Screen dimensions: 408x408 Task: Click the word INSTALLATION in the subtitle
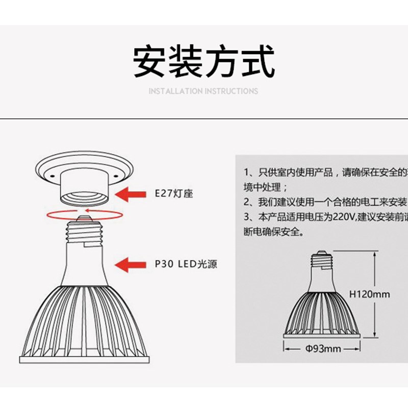(x=175, y=91)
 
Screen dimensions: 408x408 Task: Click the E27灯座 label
(x=174, y=194)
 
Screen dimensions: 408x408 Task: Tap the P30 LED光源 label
(x=182, y=264)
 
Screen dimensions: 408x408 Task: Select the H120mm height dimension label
(x=370, y=294)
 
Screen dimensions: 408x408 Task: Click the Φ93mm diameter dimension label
(x=323, y=349)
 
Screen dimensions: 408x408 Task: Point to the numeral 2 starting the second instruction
(x=246, y=201)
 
